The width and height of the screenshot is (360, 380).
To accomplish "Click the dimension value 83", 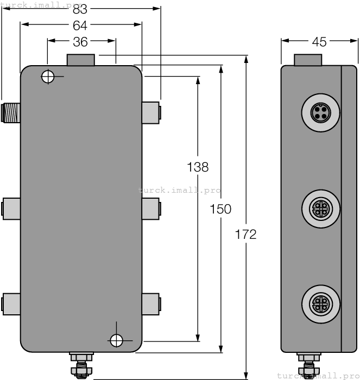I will pos(80,9).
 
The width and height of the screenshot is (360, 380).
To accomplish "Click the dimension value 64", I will pos(80,24).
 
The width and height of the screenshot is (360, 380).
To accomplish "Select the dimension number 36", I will pos(80,41).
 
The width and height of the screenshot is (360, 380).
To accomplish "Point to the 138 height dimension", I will pos(198,167).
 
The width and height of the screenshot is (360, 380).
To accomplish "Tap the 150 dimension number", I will pos(220,209).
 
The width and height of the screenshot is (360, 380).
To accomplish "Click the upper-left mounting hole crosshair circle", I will pos(48,77).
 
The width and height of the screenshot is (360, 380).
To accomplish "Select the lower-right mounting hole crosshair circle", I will pos(116,340).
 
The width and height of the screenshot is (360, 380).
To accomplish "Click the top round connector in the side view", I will pos(320,113).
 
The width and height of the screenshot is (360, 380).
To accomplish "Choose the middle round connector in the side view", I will pos(320,208).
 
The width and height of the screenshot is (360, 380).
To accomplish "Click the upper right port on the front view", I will pos(151,111).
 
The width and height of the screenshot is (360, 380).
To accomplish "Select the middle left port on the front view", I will pos(11,208).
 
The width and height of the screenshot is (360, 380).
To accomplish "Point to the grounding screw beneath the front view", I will pos(81,366).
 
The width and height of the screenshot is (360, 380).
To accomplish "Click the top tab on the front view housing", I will pos(80,59).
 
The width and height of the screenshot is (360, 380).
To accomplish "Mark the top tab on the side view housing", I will pos(307,59).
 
